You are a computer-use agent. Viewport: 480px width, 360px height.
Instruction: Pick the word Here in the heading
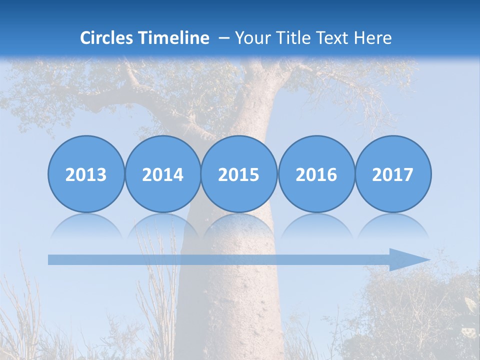[x=372, y=38]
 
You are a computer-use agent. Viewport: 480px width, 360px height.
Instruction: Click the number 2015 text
[x=239, y=175]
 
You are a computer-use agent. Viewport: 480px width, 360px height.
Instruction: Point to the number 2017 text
[x=393, y=175]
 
